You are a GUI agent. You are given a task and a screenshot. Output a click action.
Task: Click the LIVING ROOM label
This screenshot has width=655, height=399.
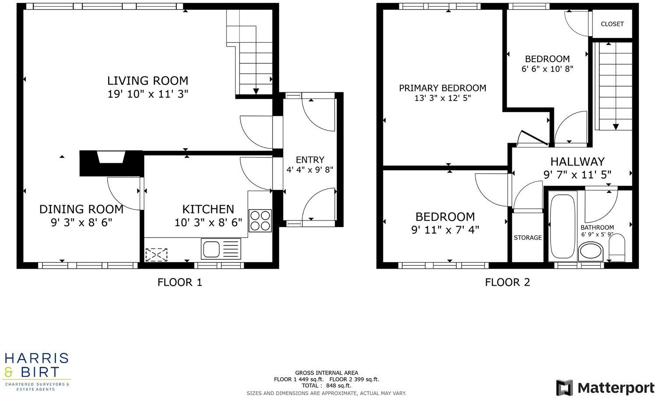pyautogui.click(x=148, y=81)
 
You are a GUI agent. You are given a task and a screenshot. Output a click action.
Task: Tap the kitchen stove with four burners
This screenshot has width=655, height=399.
pyautogui.click(x=260, y=220)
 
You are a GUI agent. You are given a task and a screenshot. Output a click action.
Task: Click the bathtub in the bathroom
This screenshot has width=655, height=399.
pyautogui.click(x=563, y=226)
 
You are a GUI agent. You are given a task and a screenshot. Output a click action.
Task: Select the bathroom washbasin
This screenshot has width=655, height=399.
pyautogui.click(x=591, y=252)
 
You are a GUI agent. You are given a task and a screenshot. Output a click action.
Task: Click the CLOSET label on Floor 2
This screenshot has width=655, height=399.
pyautogui.click(x=612, y=24)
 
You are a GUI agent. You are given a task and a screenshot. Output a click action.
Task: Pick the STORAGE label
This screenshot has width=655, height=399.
pyautogui.click(x=528, y=238)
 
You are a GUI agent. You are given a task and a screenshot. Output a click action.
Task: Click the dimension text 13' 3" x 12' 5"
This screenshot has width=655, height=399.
pyautogui.click(x=442, y=98)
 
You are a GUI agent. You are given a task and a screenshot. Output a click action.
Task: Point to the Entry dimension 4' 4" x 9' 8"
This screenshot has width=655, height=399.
pyautogui.click(x=310, y=170)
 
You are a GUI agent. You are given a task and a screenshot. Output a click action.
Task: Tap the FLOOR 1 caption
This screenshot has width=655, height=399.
pyautogui.click(x=180, y=282)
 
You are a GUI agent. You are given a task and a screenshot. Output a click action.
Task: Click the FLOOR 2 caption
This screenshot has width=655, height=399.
pyautogui.click(x=508, y=282)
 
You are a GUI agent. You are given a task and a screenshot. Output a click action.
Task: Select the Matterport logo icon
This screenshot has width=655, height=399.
pyautogui.click(x=564, y=388)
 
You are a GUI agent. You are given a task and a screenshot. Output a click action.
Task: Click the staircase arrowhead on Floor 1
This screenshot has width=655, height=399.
pyautogui.click(x=256, y=91)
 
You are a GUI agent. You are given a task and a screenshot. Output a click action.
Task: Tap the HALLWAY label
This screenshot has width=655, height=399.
pyautogui.click(x=577, y=162)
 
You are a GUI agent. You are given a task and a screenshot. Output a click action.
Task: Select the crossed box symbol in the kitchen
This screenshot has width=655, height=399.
pyautogui.click(x=156, y=254)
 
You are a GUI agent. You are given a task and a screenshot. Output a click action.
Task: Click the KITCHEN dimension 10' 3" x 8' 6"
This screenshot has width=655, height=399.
pyautogui.click(x=208, y=223)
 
